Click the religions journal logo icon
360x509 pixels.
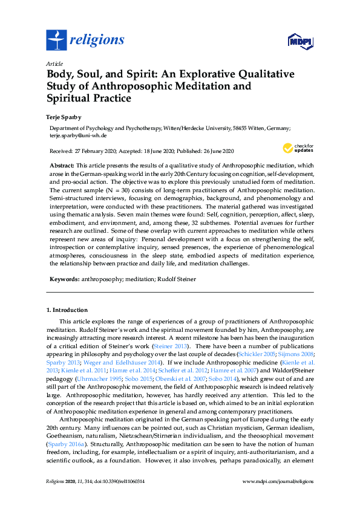click(x=56, y=41)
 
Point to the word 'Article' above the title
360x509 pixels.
click(x=54, y=63)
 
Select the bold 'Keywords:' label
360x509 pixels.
click(x=64, y=280)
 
